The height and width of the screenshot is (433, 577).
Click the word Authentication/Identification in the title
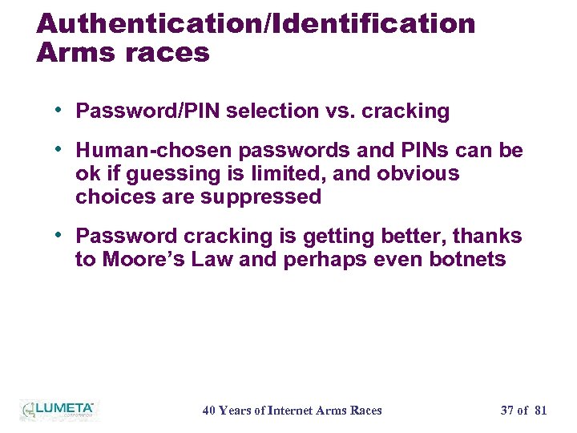[256, 23]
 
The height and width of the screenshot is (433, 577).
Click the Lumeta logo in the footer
[58, 409]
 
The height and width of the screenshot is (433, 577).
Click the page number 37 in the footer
[507, 411]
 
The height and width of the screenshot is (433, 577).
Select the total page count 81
[540, 411]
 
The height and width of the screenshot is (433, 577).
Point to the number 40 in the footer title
[208, 411]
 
